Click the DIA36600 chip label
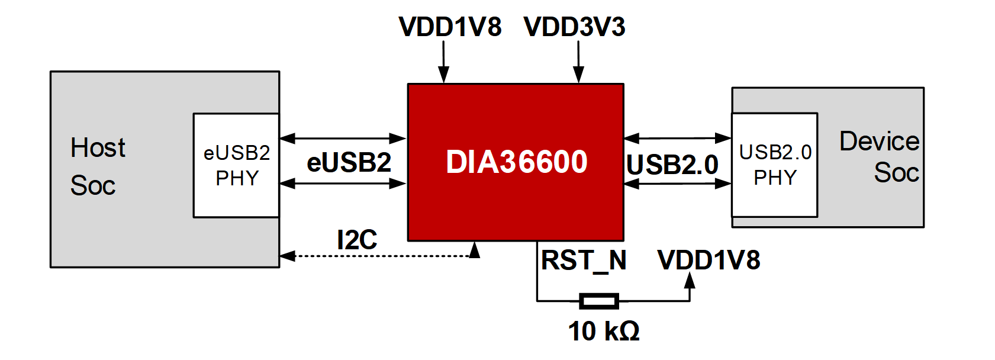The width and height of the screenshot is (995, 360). (516, 162)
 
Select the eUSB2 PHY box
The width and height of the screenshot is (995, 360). (236, 165)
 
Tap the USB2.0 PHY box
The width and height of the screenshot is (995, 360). (774, 165)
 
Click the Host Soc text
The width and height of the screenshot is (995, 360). (98, 166)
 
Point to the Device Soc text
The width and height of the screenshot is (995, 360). (880, 157)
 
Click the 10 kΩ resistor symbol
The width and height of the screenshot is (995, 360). (599, 301)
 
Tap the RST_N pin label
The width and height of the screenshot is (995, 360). (584, 261)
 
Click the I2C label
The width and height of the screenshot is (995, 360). (357, 240)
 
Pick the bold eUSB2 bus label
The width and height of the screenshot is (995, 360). (349, 162)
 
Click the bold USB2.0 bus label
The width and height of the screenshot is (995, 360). (672, 165)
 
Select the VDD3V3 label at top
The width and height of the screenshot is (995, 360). (574, 27)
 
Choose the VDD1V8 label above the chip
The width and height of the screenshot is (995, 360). (450, 27)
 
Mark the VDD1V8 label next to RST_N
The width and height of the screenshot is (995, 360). (709, 261)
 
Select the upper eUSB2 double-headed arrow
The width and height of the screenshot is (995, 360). (343, 139)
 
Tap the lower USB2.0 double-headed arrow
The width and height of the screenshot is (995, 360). (677, 184)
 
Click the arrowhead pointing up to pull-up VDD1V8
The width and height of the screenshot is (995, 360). (690, 281)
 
